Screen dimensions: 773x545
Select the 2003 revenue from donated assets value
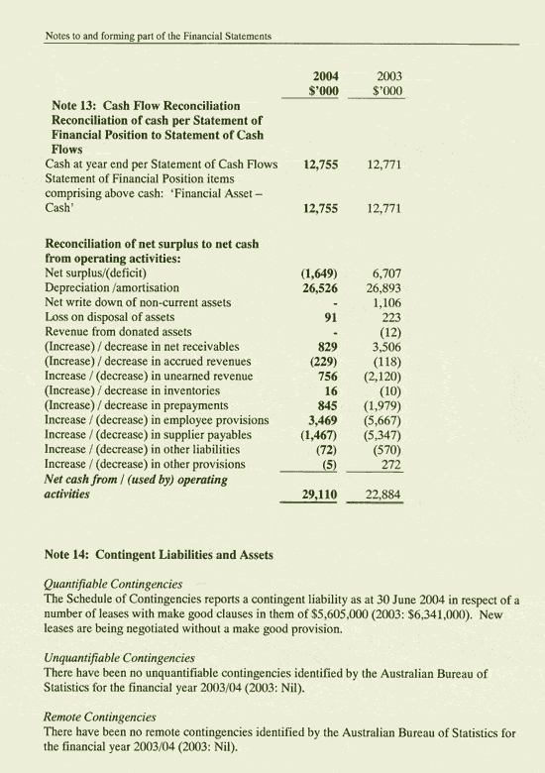click(388, 332)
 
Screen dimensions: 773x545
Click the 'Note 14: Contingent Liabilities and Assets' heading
click(160, 555)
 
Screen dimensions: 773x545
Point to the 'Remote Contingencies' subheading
click(101, 716)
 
